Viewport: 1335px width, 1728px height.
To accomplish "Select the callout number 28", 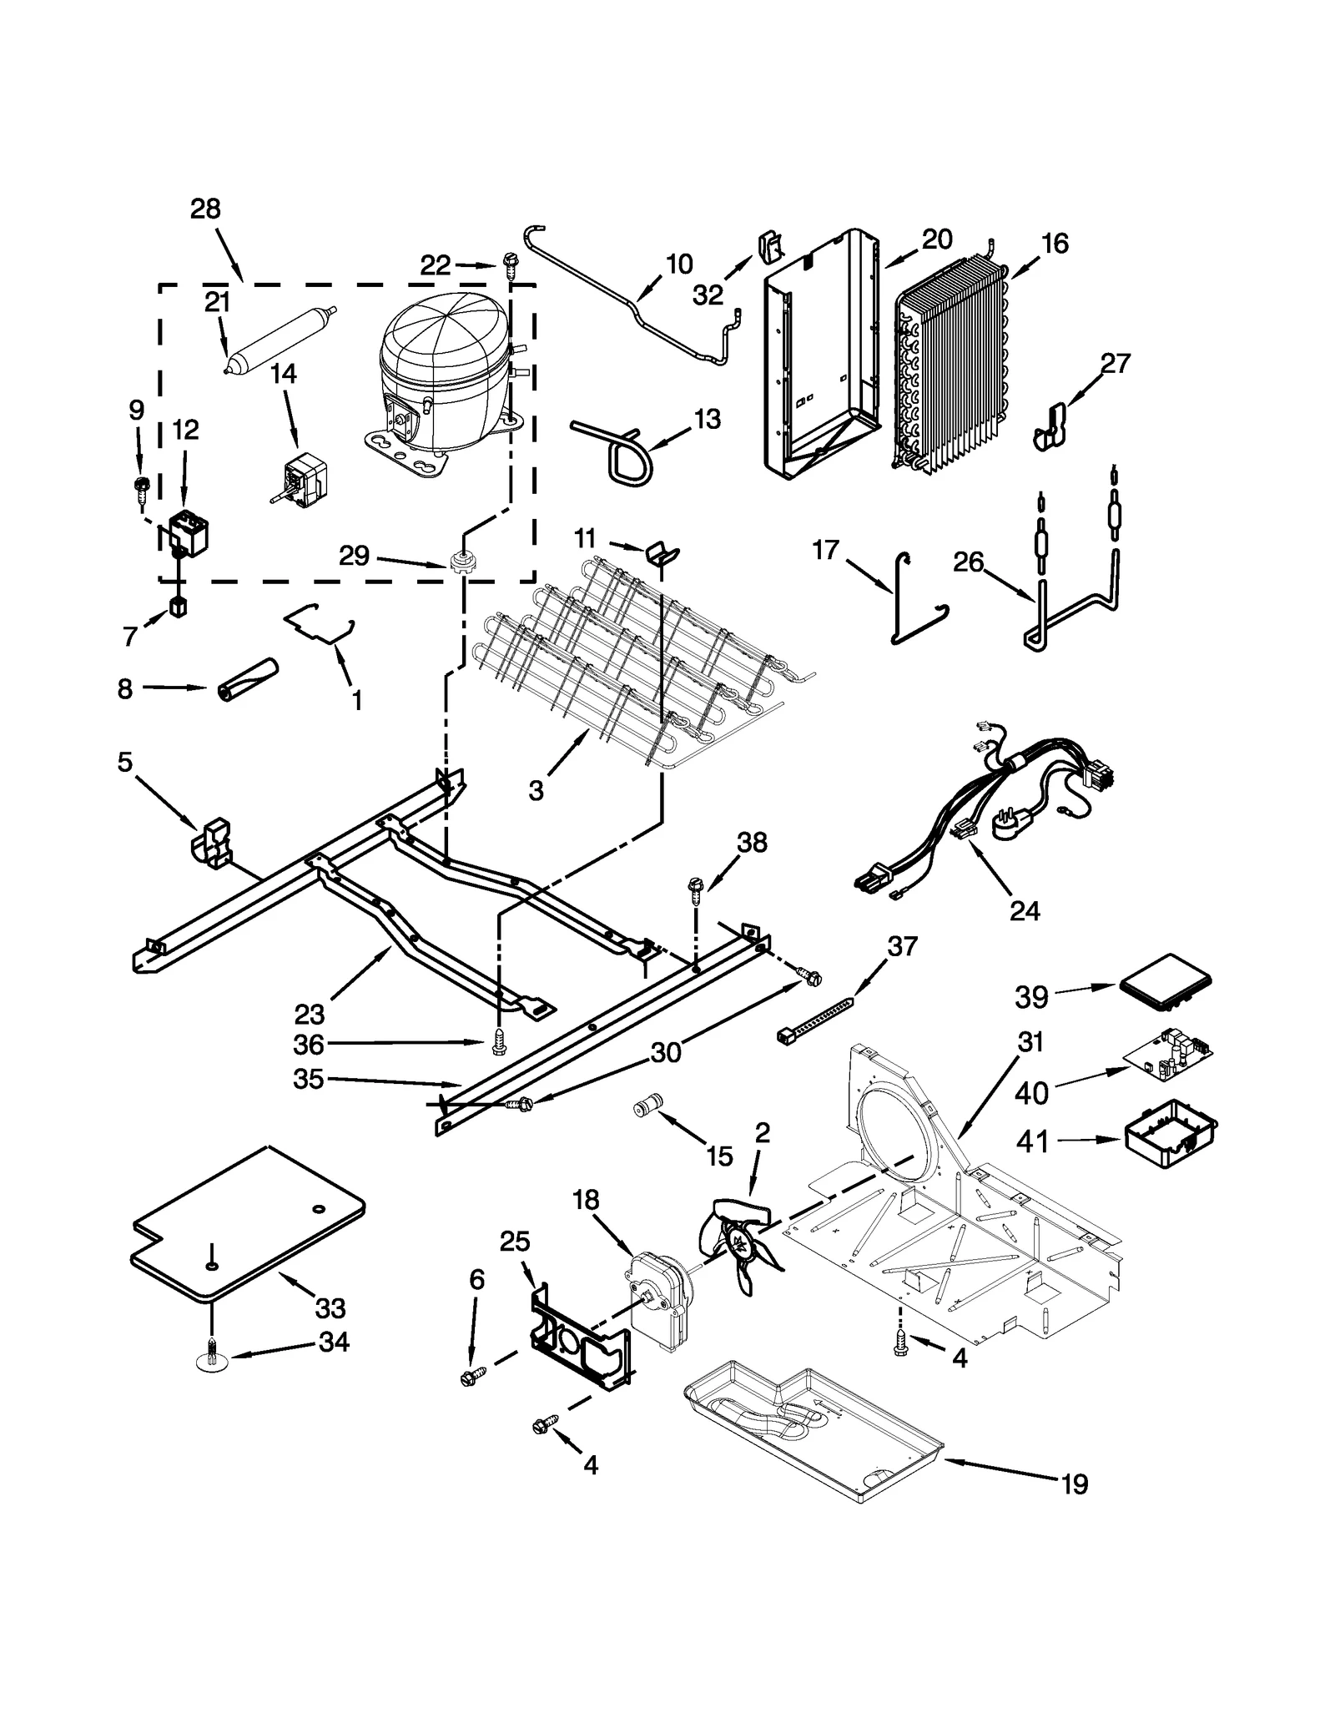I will (205, 209).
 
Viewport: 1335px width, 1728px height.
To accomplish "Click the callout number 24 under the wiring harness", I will (1024, 911).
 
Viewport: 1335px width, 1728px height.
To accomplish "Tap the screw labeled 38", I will (694, 889).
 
